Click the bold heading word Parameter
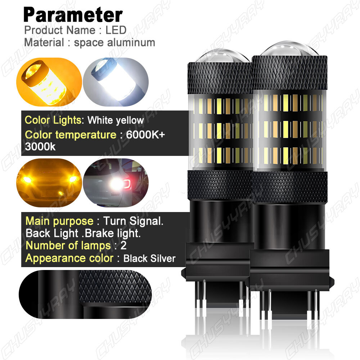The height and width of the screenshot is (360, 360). (73, 15)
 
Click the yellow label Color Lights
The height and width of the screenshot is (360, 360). (53, 120)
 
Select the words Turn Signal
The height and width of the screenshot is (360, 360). (133, 221)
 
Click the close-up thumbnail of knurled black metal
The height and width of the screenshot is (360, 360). (85, 292)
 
